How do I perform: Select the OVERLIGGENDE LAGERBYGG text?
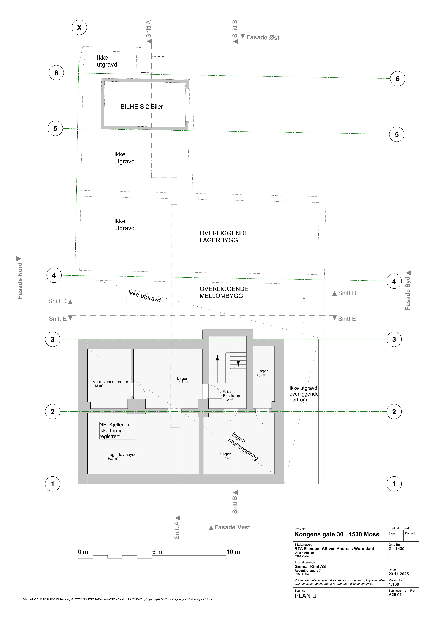[x=224, y=237]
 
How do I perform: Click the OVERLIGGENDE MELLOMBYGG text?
[x=224, y=293]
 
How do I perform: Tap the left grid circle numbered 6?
[x=56, y=73]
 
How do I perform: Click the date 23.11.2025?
[x=398, y=574]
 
